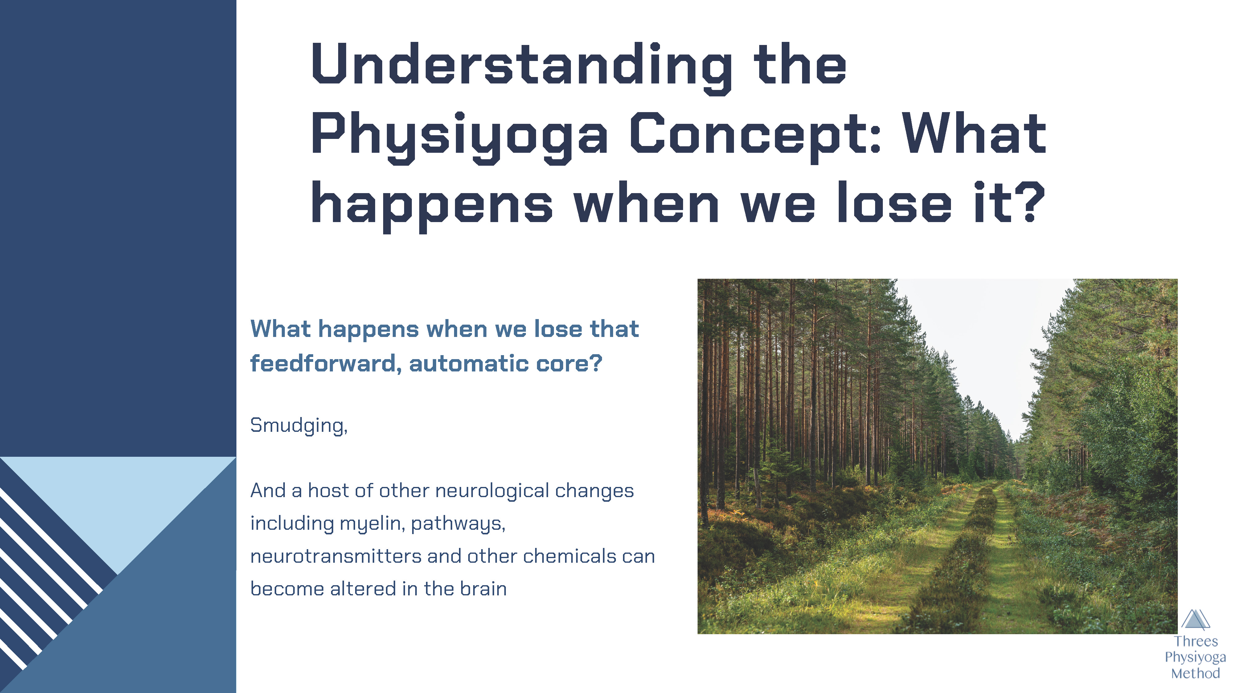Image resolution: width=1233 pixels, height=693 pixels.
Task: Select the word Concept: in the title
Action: coord(755,136)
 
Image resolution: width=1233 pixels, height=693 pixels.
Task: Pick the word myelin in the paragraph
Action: coord(372,524)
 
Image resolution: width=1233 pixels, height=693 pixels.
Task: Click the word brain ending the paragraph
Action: coord(483,589)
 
